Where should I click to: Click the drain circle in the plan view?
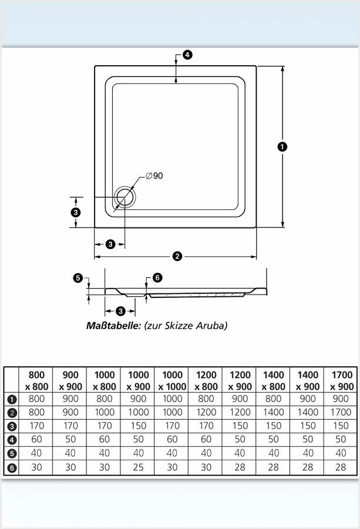(125, 197)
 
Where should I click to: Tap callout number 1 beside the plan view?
(282, 146)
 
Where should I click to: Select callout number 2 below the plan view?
(177, 256)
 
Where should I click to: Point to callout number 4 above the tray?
(187, 55)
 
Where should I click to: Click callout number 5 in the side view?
(78, 278)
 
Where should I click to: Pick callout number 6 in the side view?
(157, 277)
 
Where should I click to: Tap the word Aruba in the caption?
(212, 325)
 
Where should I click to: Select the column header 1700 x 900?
(342, 380)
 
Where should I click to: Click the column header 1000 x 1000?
(172, 380)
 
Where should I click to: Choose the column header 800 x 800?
(36, 380)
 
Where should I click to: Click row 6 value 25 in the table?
(138, 467)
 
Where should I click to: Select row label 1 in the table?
(11, 399)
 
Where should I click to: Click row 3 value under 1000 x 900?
(138, 426)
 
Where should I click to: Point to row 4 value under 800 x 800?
(36, 440)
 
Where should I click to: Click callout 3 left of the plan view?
(75, 212)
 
